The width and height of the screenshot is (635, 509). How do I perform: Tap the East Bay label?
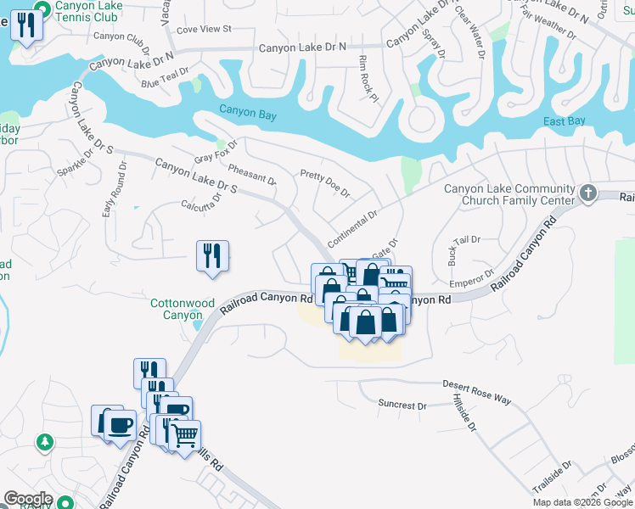[x=565, y=122]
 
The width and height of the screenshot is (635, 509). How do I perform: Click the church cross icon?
[x=588, y=194]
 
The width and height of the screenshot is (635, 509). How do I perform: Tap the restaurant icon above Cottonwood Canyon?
[x=212, y=255]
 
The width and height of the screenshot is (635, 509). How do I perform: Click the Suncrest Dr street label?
[x=402, y=406]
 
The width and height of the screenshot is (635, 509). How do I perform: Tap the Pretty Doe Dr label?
[x=325, y=183]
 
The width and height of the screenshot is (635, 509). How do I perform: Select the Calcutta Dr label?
[x=201, y=201]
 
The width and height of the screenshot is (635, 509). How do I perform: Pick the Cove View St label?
[x=205, y=29]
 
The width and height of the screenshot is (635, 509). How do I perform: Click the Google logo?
[x=28, y=499]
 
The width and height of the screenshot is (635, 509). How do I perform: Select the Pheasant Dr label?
[x=252, y=176]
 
